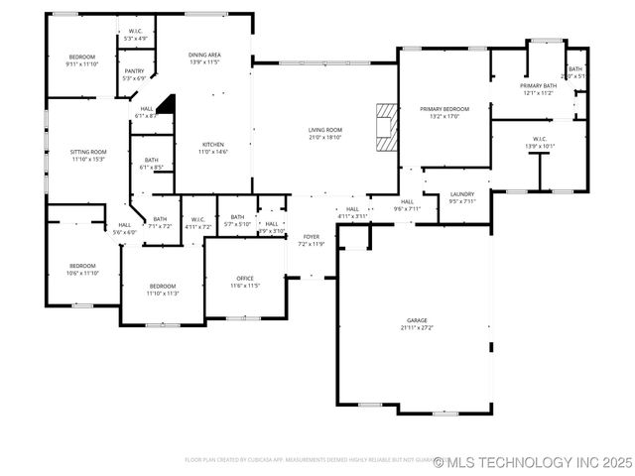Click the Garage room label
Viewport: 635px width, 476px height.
(x=417, y=320)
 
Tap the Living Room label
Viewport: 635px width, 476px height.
(x=324, y=130)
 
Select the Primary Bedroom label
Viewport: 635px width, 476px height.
(x=444, y=108)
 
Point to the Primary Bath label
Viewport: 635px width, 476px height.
(x=539, y=86)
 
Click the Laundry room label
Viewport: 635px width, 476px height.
(x=462, y=194)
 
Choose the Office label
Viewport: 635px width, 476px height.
(x=245, y=278)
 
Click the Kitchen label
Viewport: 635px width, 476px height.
(x=213, y=144)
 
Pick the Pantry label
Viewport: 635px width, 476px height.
(x=134, y=70)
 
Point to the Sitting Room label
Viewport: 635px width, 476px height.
(x=88, y=152)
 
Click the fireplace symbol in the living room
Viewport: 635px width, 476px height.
(x=385, y=125)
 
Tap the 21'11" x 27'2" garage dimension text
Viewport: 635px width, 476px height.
(x=417, y=327)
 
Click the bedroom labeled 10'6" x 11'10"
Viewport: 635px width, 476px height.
(x=83, y=269)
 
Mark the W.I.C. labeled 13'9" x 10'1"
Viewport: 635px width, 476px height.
(x=540, y=142)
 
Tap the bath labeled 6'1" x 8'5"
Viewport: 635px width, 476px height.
(x=151, y=164)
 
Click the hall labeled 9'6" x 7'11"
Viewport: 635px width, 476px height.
(x=407, y=205)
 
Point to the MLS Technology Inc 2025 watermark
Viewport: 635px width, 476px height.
(x=533, y=462)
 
